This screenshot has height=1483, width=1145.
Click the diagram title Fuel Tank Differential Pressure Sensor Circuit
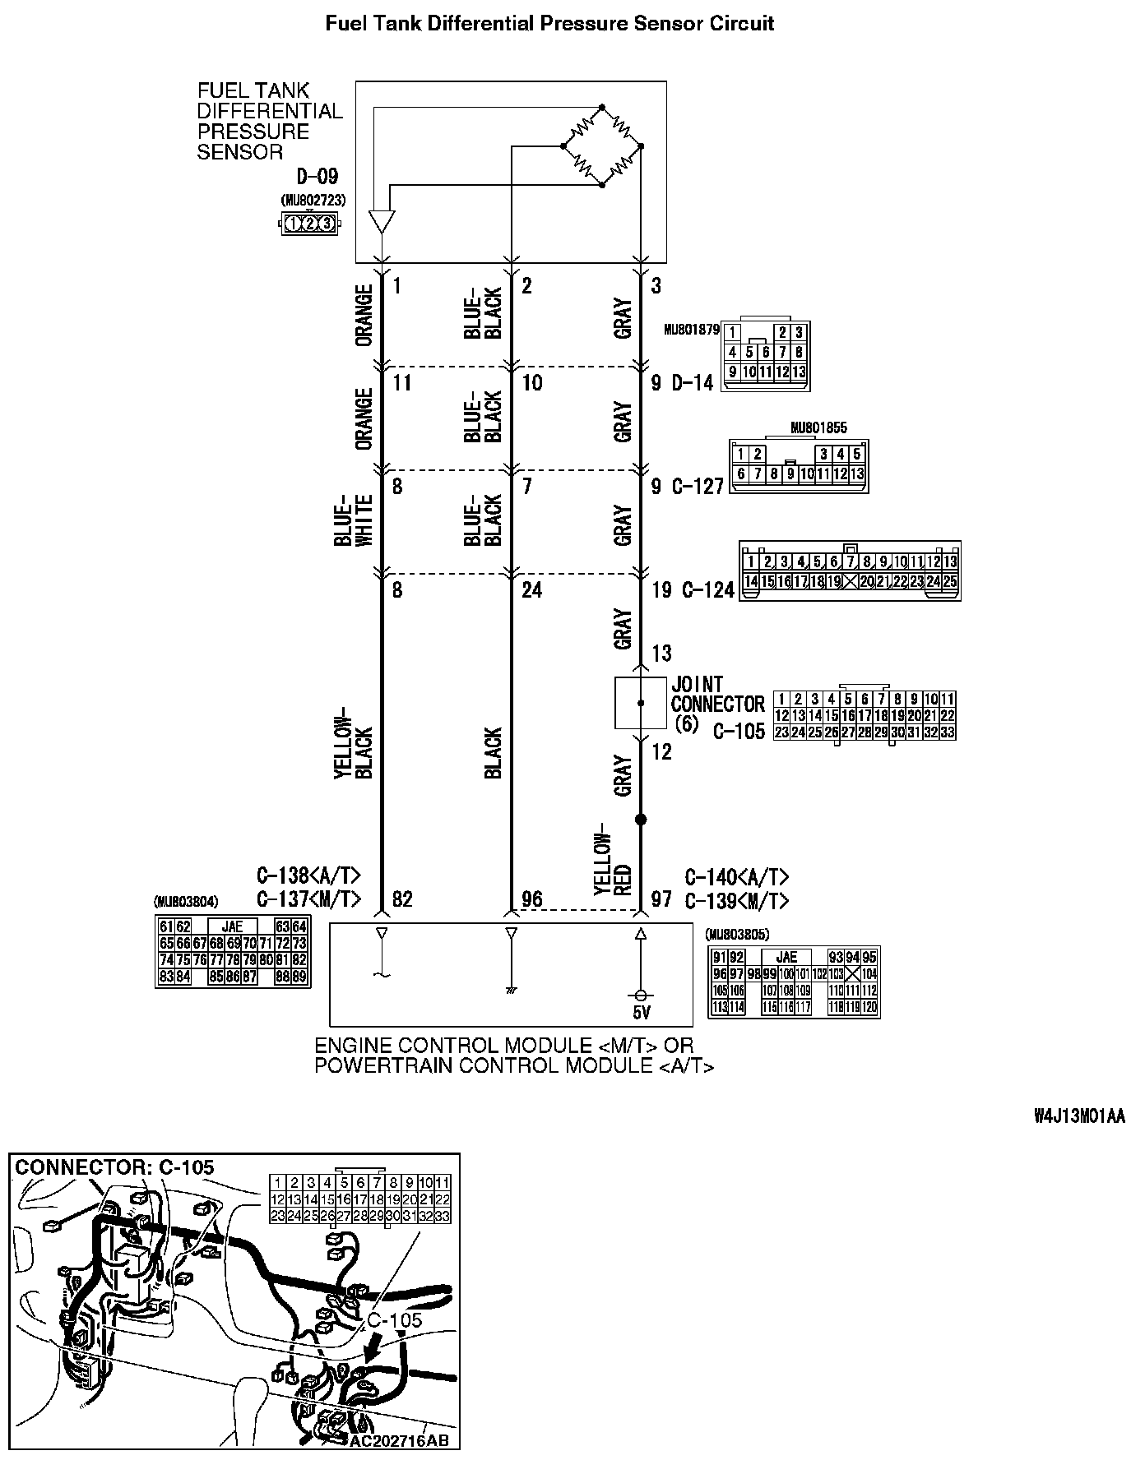click(549, 23)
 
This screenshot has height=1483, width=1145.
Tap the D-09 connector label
click(317, 177)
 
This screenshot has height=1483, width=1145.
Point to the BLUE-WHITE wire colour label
click(354, 520)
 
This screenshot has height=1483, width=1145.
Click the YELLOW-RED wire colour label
click(612, 859)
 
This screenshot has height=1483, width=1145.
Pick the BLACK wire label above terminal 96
click(493, 752)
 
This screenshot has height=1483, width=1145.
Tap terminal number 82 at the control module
click(402, 899)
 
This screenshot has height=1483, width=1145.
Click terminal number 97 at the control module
click(662, 899)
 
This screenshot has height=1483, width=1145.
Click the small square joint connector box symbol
click(641, 703)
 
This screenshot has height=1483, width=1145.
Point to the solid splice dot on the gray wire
click(641, 820)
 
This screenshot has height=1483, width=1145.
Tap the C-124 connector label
click(707, 590)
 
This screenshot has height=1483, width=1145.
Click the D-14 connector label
click(693, 383)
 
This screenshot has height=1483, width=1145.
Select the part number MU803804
click(186, 901)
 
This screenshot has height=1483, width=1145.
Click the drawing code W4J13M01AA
click(1079, 1116)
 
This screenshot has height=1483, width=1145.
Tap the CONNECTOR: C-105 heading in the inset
click(115, 1167)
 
